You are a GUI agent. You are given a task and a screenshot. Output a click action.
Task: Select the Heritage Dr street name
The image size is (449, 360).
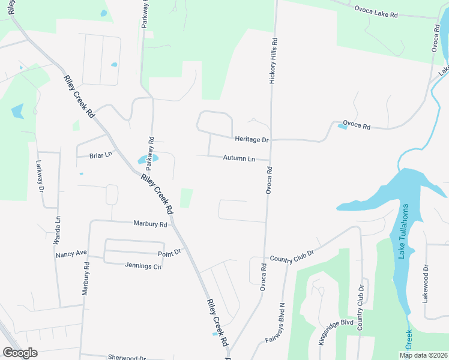click(x=251, y=139)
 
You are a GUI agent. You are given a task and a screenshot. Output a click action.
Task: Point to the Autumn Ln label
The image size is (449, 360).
click(x=239, y=158)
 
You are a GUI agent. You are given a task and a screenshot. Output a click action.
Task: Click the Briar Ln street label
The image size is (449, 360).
click(x=101, y=155)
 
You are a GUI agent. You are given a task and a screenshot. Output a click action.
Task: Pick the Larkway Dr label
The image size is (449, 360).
click(x=40, y=176)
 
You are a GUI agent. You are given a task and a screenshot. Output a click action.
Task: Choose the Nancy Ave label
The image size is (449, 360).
click(x=71, y=254)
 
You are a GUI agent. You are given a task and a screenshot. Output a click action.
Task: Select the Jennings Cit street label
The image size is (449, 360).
click(x=143, y=266)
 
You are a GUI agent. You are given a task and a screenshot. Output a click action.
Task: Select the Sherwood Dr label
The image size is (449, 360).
click(x=127, y=357)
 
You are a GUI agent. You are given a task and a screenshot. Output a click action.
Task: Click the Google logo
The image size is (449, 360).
click(x=20, y=353)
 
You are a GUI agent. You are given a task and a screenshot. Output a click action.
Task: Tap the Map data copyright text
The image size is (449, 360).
click(x=423, y=355)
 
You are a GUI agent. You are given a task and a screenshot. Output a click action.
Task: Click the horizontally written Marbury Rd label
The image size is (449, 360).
click(x=150, y=224)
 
